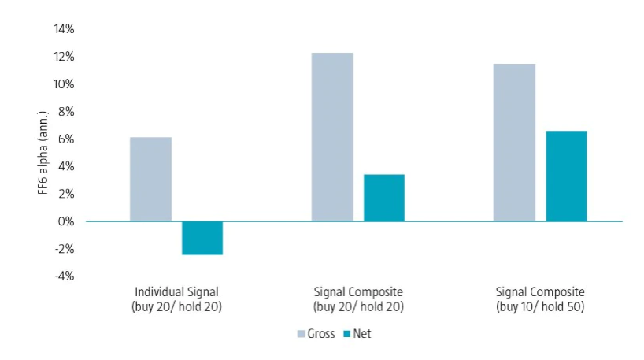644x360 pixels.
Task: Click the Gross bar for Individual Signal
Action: (x=150, y=179)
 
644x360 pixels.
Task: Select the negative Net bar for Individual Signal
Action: (x=202, y=238)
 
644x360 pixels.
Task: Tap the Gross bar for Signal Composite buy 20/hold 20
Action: (x=332, y=137)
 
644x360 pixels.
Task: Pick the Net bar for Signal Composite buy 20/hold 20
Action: (x=384, y=198)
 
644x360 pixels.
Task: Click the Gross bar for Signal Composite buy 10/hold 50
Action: (x=514, y=143)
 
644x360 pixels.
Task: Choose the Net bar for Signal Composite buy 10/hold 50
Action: (x=566, y=176)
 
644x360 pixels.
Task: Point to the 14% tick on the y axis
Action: (x=64, y=29)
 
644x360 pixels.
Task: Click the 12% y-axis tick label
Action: (x=64, y=57)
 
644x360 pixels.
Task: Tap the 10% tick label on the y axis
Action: (x=64, y=84)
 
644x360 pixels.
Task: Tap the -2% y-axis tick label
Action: (x=65, y=249)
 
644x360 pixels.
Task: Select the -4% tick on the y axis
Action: (x=65, y=276)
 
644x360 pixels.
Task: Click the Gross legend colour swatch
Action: (x=302, y=334)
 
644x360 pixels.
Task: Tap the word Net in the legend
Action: (x=362, y=334)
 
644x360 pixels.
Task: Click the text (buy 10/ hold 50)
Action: (x=539, y=306)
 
